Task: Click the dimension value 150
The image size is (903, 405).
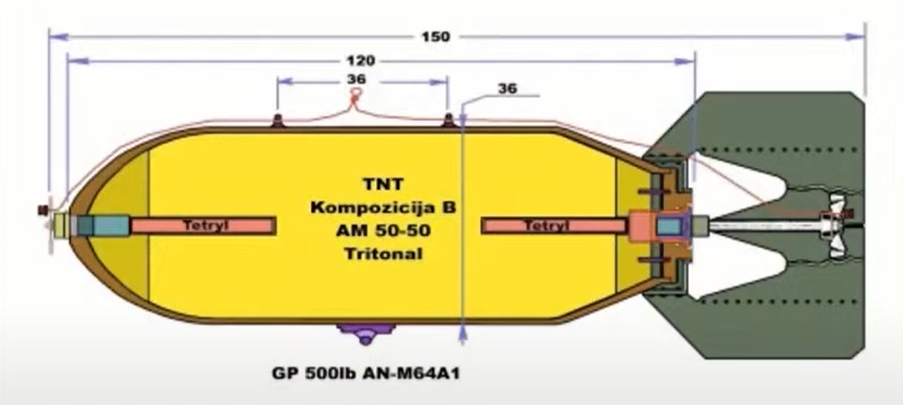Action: click(x=436, y=36)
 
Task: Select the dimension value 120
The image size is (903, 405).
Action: click(x=361, y=60)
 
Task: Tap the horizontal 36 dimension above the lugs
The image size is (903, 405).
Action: click(x=357, y=79)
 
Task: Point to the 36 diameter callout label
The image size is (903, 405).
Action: click(x=508, y=88)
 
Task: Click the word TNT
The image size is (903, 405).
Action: click(x=383, y=184)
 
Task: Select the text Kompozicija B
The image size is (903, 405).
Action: click(x=383, y=207)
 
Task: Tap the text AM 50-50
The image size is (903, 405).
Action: click(x=383, y=230)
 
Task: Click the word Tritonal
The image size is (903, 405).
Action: click(x=383, y=253)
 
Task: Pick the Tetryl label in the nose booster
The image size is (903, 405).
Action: click(x=205, y=226)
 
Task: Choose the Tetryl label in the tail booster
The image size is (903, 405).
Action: click(x=547, y=226)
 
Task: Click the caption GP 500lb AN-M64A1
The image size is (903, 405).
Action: click(x=367, y=373)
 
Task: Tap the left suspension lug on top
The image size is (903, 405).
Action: click(x=277, y=120)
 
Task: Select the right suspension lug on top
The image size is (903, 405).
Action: click(x=448, y=120)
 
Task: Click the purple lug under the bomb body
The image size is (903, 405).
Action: click(x=366, y=333)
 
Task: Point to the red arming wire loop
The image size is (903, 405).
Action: click(x=357, y=98)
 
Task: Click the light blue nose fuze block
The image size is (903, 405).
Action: click(x=111, y=226)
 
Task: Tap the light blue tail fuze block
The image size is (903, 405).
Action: click(x=669, y=226)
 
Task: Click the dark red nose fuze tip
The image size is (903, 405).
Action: click(x=42, y=211)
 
